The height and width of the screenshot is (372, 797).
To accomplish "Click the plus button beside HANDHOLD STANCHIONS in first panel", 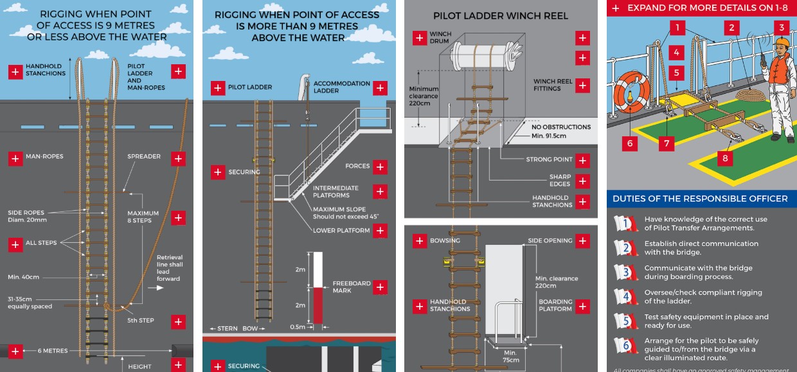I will (15, 71).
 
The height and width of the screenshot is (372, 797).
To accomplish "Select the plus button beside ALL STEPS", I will (15, 244).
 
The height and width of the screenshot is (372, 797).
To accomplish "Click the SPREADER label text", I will (144, 157).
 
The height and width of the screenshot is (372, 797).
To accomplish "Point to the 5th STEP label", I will (141, 321).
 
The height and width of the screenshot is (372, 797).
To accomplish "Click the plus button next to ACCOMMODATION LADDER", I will (380, 87).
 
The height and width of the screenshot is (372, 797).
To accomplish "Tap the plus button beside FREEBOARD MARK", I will (380, 287).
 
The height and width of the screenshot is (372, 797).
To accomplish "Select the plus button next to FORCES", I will (380, 166).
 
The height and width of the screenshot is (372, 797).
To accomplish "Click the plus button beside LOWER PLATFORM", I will (380, 231).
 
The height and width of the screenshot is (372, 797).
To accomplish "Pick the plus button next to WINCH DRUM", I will (419, 37).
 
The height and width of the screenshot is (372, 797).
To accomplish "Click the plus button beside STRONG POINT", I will (582, 160).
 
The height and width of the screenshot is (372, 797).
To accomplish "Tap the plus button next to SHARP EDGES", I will (582, 181).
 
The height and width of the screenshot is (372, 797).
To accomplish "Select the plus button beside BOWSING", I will (419, 241).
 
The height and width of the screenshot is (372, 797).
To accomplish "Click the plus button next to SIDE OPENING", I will (582, 241).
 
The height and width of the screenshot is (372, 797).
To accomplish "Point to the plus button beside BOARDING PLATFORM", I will (582, 306).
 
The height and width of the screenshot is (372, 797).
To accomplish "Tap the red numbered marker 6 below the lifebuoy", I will (629, 143).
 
